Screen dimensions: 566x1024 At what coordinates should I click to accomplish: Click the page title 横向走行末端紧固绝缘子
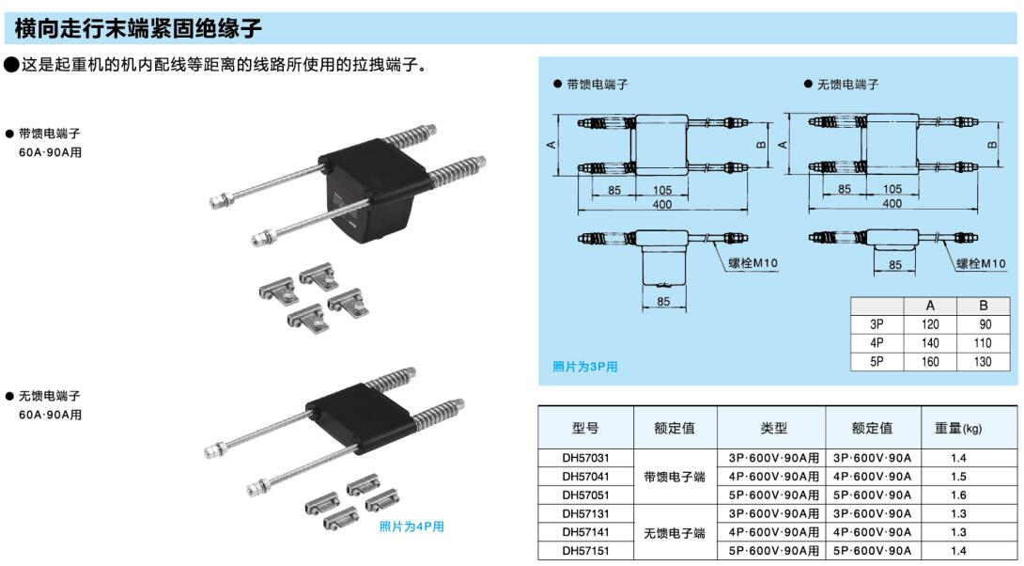(x=138, y=28)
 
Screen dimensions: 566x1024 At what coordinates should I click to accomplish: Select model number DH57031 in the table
(x=585, y=458)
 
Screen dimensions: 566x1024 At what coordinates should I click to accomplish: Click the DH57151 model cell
(x=585, y=550)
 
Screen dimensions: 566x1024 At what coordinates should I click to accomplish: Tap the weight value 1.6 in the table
(x=958, y=495)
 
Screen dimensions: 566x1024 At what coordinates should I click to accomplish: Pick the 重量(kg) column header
(x=958, y=428)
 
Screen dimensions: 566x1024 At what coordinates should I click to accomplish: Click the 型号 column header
(x=585, y=428)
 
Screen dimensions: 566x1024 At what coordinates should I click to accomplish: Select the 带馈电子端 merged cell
(x=675, y=477)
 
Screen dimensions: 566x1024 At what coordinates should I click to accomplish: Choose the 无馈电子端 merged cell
(x=675, y=532)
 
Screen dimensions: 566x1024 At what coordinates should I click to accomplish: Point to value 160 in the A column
(x=930, y=362)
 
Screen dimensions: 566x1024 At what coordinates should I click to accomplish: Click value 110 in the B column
(x=983, y=343)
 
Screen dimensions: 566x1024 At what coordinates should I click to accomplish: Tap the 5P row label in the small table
(x=877, y=362)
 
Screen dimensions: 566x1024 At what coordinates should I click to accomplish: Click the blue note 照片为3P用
(x=585, y=367)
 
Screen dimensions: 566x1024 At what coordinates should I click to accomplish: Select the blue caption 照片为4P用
(x=411, y=527)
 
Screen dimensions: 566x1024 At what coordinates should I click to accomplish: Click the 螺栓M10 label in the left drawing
(x=752, y=262)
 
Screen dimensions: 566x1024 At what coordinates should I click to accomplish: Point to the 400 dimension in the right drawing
(x=892, y=204)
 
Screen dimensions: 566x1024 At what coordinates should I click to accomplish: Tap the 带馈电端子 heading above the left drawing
(x=597, y=85)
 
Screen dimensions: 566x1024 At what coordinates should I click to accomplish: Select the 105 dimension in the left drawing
(x=662, y=190)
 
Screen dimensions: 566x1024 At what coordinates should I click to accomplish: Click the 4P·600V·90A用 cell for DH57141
(x=773, y=532)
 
